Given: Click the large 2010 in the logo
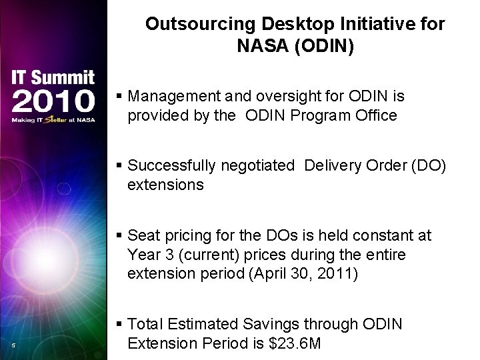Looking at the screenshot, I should coord(53,101).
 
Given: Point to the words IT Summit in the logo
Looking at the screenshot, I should coord(53,77).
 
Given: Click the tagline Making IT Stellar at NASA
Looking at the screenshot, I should coord(53,120).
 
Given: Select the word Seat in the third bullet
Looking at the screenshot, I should coord(142,235).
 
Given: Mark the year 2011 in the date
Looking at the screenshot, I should coord(341,273).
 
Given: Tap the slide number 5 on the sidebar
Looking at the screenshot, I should coord(13,345).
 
